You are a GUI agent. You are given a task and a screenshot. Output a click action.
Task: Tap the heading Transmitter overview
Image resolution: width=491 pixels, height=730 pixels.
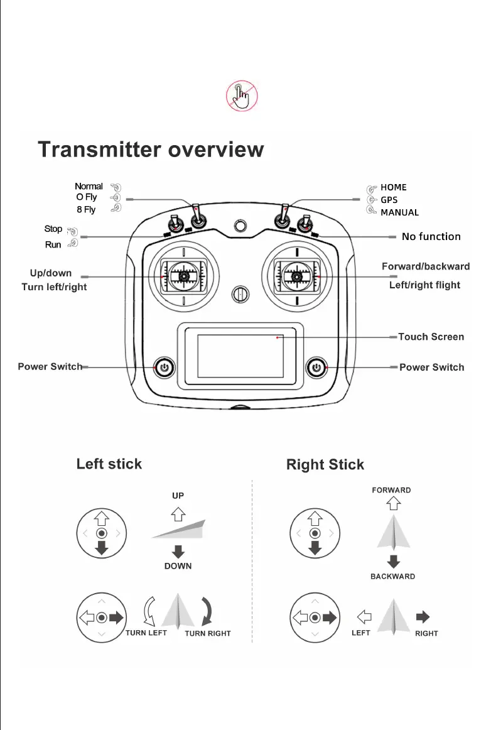point(151,150)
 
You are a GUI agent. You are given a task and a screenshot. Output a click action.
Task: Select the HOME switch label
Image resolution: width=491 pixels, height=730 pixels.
point(394,187)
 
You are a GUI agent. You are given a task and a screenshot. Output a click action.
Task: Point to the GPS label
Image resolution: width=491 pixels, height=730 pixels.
point(389,200)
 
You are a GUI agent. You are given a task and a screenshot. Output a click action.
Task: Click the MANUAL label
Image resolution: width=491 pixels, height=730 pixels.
point(399,212)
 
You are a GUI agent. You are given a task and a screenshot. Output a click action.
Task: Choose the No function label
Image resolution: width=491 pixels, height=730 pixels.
point(431,237)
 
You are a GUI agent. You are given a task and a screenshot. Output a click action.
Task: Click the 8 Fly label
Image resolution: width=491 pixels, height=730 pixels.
point(86,209)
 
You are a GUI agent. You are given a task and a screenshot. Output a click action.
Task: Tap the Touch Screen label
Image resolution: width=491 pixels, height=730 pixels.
point(431,337)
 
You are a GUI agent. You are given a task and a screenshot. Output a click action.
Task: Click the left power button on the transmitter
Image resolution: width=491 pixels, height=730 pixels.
point(164,367)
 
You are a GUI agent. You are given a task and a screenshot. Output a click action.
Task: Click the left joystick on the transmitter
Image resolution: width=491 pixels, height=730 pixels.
point(184,276)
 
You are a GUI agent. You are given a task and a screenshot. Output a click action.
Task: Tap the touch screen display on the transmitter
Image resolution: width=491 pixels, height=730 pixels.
point(240,356)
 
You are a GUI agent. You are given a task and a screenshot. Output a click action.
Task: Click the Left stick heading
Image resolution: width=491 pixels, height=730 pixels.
point(109,464)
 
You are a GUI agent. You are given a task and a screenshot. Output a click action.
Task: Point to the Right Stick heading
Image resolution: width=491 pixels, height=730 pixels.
point(325,465)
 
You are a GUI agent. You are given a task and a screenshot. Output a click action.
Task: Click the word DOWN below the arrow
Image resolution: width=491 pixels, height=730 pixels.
point(178,566)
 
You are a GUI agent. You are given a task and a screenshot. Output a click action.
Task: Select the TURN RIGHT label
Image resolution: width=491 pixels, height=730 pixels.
point(208,633)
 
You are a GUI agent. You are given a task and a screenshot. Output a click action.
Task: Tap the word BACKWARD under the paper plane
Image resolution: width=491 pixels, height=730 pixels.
point(392,576)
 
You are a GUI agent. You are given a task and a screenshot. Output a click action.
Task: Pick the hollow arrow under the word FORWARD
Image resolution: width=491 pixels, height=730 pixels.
point(392,503)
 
